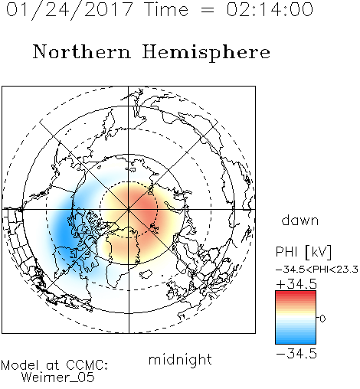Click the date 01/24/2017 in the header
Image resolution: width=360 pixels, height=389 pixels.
[70, 10]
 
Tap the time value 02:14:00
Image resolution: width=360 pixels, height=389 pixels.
[270, 9]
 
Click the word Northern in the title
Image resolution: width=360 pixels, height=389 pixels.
[82, 52]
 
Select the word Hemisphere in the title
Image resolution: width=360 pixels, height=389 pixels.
[206, 53]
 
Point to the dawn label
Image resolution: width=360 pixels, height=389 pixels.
[300, 220]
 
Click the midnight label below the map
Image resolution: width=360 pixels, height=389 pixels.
[180, 359]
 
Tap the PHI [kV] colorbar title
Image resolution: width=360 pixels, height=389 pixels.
[303, 252]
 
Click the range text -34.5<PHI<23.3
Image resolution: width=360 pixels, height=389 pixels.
[317, 270]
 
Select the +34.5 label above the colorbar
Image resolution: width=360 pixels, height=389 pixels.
[296, 284]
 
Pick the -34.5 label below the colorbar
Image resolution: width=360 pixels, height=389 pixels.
[296, 354]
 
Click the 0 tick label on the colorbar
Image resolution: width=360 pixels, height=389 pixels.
[322, 319]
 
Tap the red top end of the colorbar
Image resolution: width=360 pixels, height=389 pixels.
[296, 293]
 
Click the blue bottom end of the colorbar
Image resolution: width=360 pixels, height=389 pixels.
[296, 342]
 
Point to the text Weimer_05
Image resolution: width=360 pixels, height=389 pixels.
[58, 378]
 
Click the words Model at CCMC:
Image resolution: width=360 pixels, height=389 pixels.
[54, 365]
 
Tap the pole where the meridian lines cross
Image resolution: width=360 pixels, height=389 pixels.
[129, 209]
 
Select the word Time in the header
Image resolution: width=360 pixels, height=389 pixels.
[166, 10]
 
